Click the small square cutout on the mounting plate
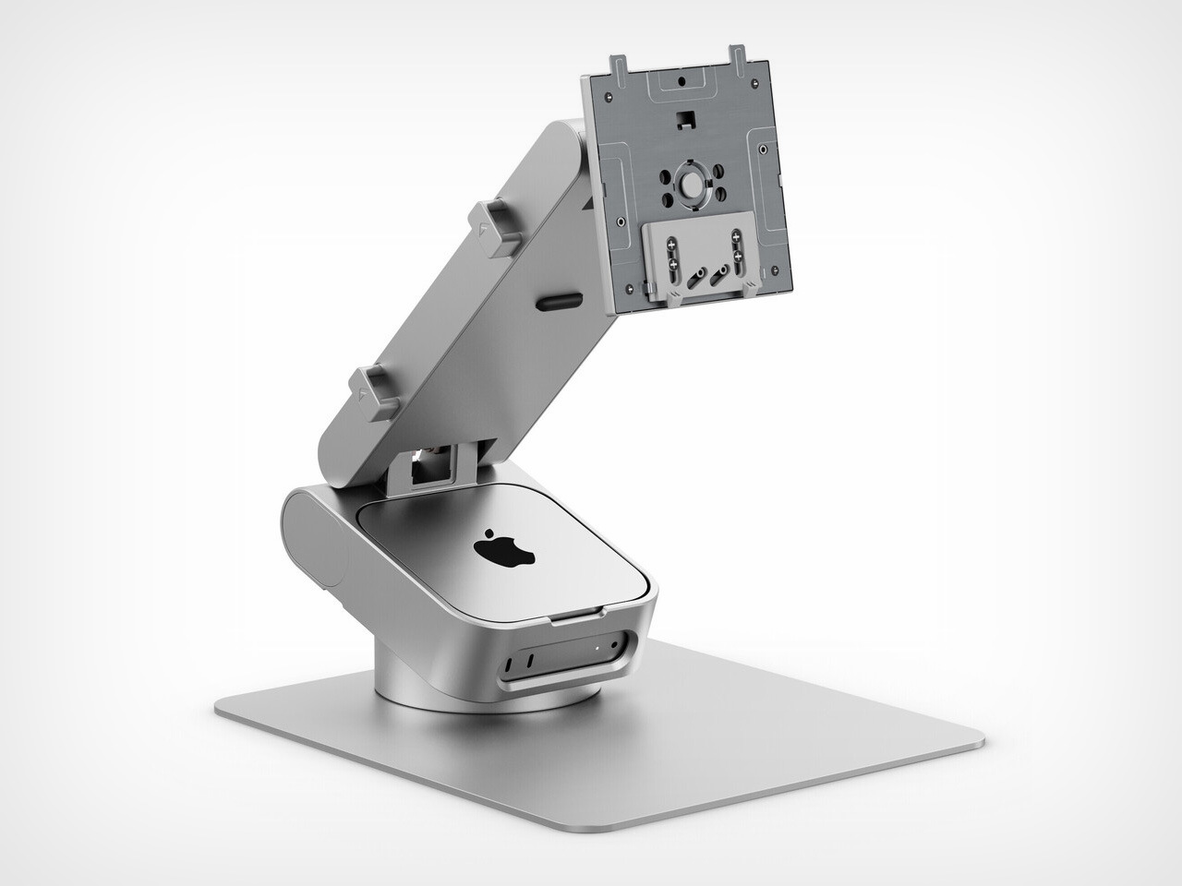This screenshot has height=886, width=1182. [684, 119]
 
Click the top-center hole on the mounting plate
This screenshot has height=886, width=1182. [680, 81]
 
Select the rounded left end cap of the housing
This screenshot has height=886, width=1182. [309, 540]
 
